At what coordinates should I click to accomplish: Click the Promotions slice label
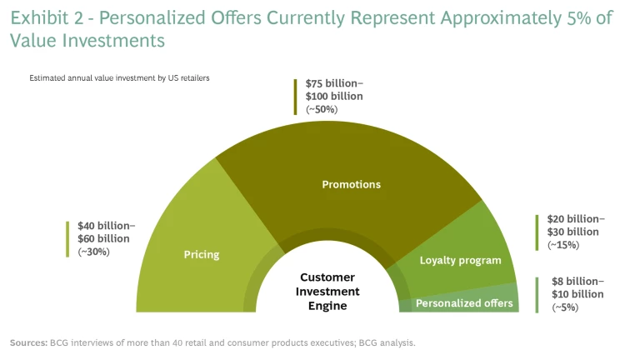coord(351,184)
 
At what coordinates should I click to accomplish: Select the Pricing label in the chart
coord(202,254)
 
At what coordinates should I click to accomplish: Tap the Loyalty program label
coord(460,260)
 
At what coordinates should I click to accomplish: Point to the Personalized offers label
coord(464,303)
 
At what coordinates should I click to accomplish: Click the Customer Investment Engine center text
coord(327,292)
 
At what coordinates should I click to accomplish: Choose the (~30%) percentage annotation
coord(93,252)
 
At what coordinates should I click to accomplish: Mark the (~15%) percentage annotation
coord(563,245)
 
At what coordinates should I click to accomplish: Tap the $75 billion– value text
coord(334,84)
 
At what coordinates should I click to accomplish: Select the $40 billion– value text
coord(106,226)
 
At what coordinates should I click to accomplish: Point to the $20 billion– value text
coord(576,219)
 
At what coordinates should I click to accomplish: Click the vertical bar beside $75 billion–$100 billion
coord(295,97)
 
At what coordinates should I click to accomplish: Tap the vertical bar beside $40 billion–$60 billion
coord(68,238)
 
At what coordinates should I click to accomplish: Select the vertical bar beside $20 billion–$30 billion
coord(537,232)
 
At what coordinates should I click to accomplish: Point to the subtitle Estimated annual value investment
coord(119,77)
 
